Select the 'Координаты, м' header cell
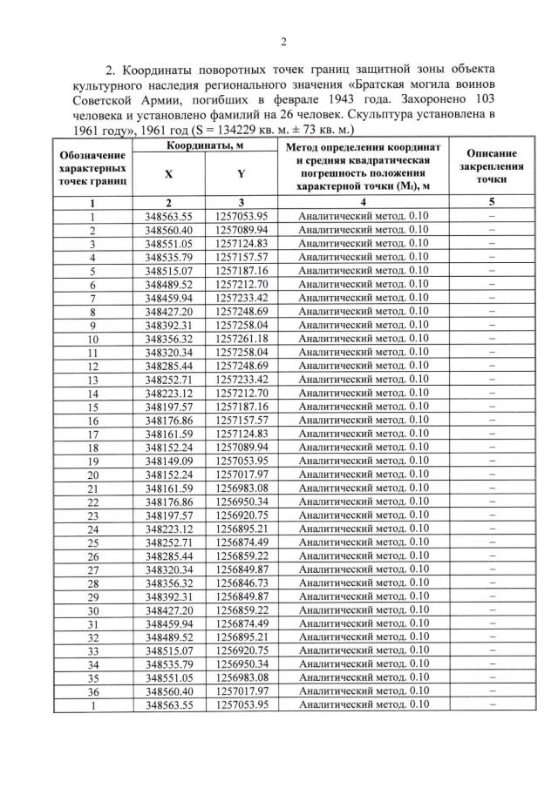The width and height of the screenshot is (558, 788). [x=205, y=146]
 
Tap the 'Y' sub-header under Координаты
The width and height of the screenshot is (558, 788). [x=240, y=173]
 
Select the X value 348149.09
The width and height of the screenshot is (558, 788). [x=169, y=460]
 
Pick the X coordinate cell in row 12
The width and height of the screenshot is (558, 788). [x=169, y=365]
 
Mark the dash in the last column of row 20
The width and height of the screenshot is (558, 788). [x=492, y=474]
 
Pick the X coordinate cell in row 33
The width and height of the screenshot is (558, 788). [x=169, y=650]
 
